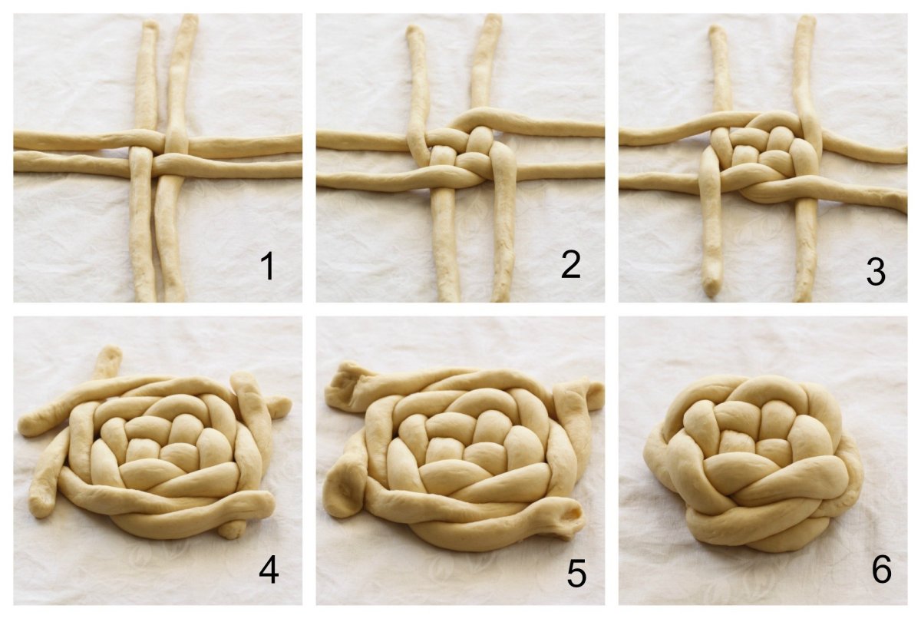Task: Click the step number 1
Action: pos(268,266)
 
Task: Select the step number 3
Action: pos(876,272)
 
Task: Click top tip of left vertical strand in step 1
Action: pos(150,22)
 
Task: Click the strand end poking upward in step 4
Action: pos(111,352)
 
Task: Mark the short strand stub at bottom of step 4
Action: pos(232,530)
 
